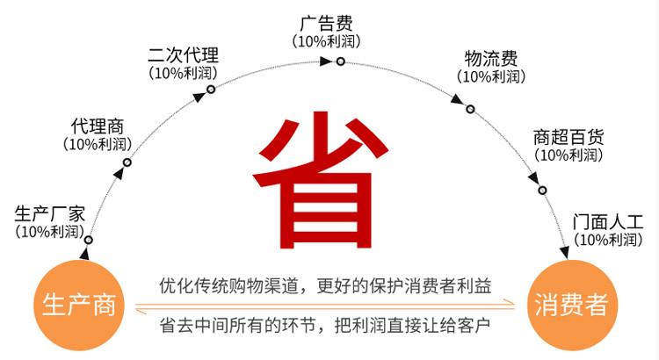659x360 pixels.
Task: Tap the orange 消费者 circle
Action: (x=571, y=305)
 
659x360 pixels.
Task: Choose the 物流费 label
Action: (x=490, y=59)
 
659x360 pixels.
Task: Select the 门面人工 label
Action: (x=608, y=220)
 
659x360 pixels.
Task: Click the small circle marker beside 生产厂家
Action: (x=88, y=240)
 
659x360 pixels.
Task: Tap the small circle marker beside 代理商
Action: (x=127, y=162)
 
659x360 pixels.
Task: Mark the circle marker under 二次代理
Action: (x=211, y=90)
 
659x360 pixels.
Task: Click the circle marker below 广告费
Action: (x=340, y=61)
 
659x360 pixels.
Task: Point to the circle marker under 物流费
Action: (x=470, y=109)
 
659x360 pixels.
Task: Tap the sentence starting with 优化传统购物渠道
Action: (x=325, y=285)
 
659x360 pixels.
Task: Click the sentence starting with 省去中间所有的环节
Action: (x=325, y=325)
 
